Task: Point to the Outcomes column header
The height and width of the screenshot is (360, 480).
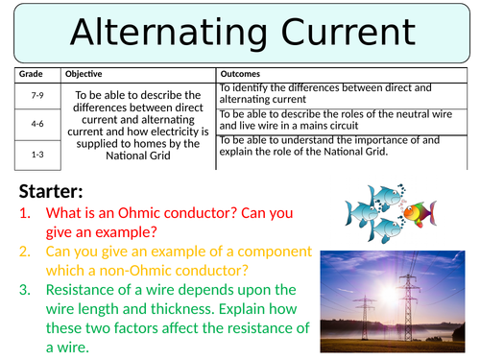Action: [x=246, y=74]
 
